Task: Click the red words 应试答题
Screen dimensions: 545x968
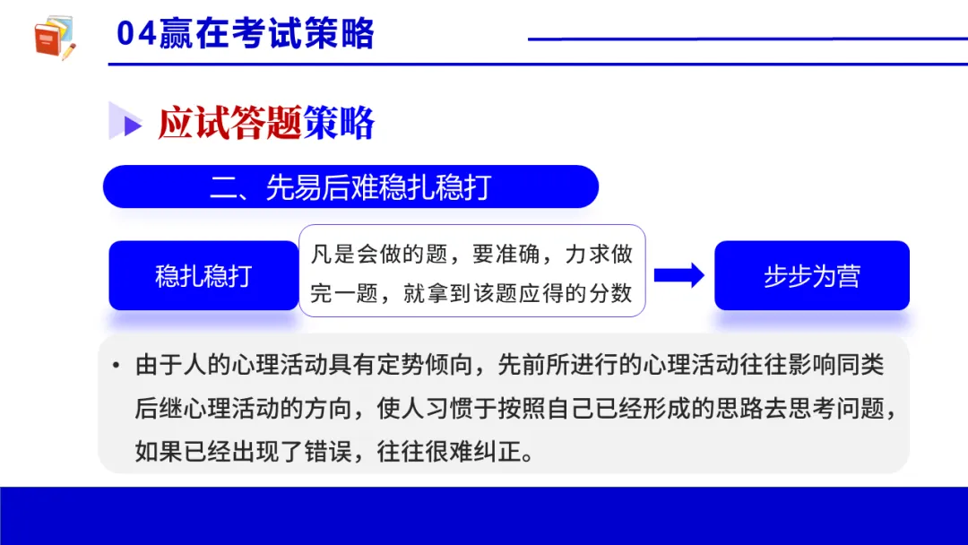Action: pos(229,123)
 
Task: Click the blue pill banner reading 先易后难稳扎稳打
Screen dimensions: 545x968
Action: pos(350,186)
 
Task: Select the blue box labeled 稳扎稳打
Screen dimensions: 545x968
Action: pos(203,275)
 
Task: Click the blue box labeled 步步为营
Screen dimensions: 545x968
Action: pos(811,275)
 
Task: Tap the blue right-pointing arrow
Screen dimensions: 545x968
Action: pos(679,275)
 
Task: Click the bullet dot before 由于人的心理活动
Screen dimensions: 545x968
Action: pos(116,366)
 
